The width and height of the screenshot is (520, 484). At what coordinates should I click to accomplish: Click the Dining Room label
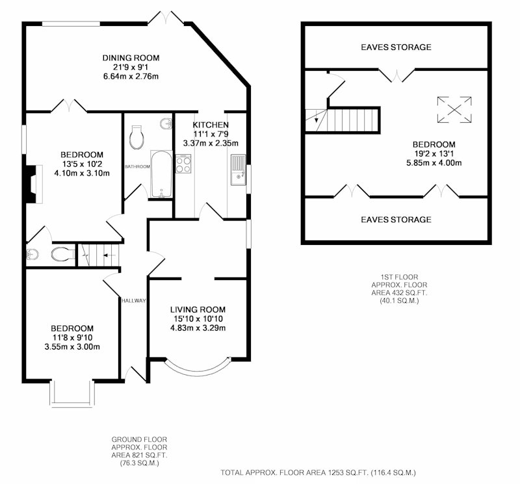pyautogui.click(x=131, y=58)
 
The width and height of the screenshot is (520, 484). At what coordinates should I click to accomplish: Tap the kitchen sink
pyautogui.click(x=239, y=170)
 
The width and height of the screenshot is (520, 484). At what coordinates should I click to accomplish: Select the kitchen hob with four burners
pyautogui.click(x=183, y=164)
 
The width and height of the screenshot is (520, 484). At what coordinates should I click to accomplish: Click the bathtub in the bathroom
pyautogui.click(x=161, y=174)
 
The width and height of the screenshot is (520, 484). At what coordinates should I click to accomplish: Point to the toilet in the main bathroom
pyautogui.click(x=136, y=137)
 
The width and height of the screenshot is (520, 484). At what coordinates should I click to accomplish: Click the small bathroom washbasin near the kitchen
pyautogui.click(x=166, y=124)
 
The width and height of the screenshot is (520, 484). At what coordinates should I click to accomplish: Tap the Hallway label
pyautogui.click(x=134, y=301)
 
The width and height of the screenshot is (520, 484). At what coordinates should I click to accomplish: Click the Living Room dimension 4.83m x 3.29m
pyautogui.click(x=198, y=328)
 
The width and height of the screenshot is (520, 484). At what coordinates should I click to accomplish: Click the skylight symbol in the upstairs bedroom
pyautogui.click(x=454, y=110)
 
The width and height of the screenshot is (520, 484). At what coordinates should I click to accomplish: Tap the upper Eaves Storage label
pyautogui.click(x=396, y=47)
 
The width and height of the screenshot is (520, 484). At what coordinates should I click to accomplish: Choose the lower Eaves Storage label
pyautogui.click(x=396, y=220)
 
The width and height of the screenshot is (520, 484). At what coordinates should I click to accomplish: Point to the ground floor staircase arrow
pyautogui.click(x=109, y=255)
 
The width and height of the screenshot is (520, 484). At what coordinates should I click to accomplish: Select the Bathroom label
pyautogui.click(x=137, y=167)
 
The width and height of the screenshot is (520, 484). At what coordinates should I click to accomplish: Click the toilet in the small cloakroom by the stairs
pyautogui.click(x=63, y=254)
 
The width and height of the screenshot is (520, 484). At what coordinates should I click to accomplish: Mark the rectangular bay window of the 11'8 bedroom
pyautogui.click(x=71, y=394)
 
